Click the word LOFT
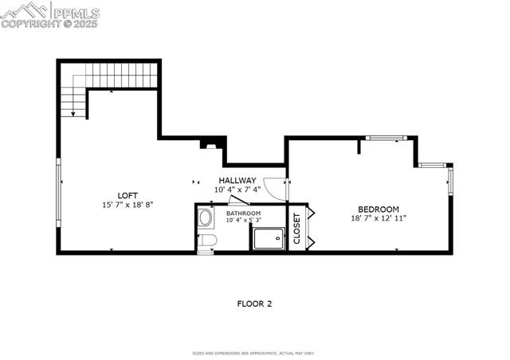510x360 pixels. tap(127, 195)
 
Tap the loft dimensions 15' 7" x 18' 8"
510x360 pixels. tap(127, 205)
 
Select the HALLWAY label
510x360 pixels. tap(237, 181)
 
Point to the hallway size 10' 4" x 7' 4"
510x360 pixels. tap(237, 190)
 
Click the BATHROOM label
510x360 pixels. tap(243, 213)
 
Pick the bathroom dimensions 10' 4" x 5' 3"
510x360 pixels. tap(243, 221)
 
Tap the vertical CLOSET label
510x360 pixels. tap(296, 228)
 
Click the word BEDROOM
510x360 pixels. tap(379, 209)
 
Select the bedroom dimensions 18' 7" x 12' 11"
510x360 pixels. tap(379, 218)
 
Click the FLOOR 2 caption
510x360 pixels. tap(255, 303)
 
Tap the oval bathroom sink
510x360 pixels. tap(206, 217)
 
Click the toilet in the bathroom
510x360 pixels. tap(207, 241)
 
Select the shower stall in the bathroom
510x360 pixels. tap(268, 238)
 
